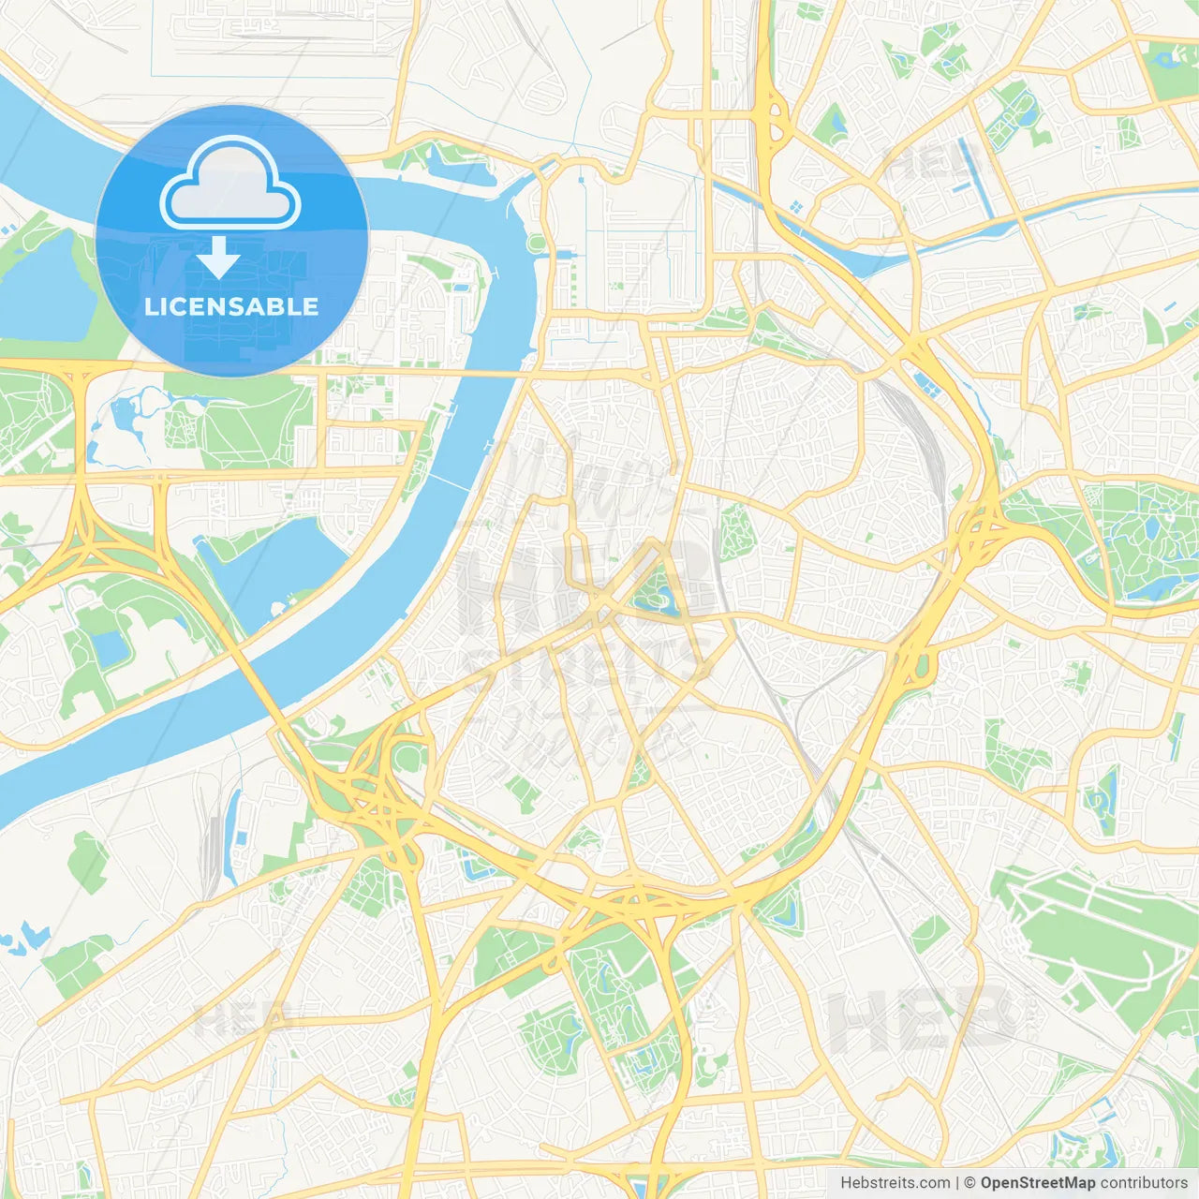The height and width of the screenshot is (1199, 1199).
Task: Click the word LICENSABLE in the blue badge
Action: pyautogui.click(x=231, y=306)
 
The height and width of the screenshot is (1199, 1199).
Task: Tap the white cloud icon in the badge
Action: pyautogui.click(x=230, y=185)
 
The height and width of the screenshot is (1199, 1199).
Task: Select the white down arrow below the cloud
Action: pyautogui.click(x=218, y=258)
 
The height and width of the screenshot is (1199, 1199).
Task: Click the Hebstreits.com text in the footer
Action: pyautogui.click(x=895, y=1183)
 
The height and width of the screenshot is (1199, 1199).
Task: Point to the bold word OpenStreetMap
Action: pyautogui.click(x=1037, y=1183)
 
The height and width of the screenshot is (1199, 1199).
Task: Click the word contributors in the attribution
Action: pyautogui.click(x=1144, y=1183)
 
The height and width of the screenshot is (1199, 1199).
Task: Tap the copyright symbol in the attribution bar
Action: pyautogui.click(x=970, y=1183)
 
